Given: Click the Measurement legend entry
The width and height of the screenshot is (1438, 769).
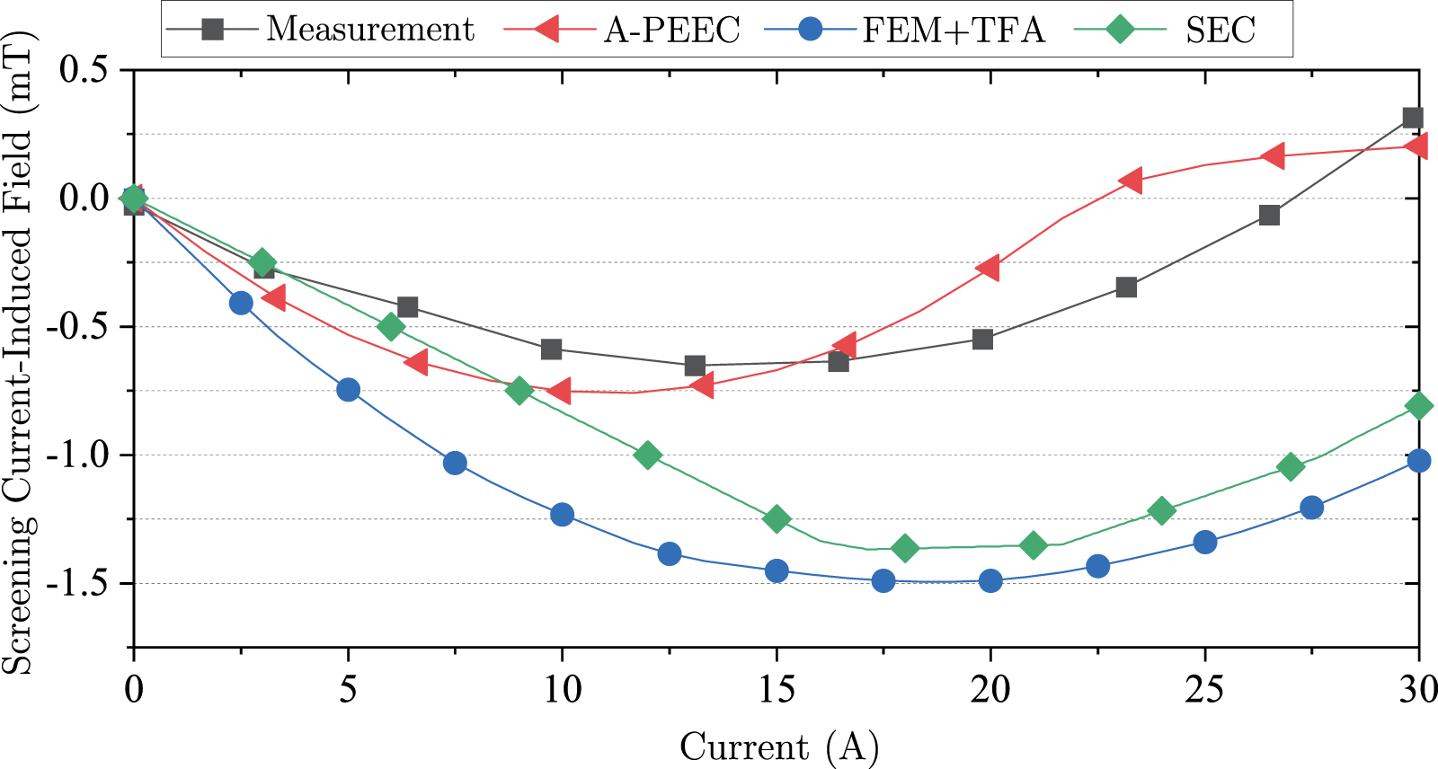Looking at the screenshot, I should tap(369, 30).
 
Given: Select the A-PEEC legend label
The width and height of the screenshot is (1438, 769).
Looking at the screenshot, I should tap(670, 30).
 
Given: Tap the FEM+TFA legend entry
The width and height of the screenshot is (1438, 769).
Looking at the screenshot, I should tap(953, 30).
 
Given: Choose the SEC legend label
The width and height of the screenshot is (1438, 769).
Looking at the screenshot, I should tap(1219, 30).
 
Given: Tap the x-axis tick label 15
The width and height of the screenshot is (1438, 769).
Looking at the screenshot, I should tap(776, 690).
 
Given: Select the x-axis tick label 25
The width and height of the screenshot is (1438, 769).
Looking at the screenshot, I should tap(1204, 690).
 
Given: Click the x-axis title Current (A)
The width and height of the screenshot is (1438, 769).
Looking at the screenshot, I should tap(778, 747).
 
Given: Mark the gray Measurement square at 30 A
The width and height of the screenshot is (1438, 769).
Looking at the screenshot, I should tap(1412, 119).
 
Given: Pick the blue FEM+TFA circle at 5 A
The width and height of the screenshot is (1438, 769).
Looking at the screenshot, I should tap(348, 390).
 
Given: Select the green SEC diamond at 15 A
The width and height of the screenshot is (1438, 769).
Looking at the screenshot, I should tap(777, 519).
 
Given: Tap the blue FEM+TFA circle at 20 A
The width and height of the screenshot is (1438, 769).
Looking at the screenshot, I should tap(990, 581).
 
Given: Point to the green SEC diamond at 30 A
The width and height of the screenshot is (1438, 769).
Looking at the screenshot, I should tap(1419, 406).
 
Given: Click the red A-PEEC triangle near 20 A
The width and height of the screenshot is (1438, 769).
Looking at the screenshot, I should tap(987, 268).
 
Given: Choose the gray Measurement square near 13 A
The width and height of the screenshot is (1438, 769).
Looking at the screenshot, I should tap(695, 366).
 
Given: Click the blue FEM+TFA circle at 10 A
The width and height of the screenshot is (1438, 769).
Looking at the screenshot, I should tap(562, 515).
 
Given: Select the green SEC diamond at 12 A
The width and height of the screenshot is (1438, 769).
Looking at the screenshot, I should tap(647, 455).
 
